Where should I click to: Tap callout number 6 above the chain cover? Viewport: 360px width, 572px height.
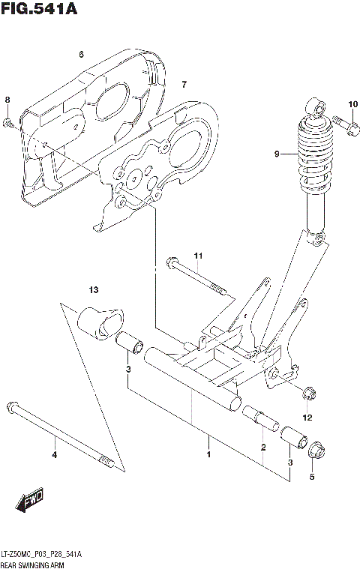(x=81, y=54)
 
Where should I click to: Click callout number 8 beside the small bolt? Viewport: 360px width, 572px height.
(x=7, y=100)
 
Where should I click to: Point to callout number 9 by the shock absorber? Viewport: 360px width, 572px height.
(x=277, y=154)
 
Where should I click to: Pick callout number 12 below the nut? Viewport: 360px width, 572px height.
(x=307, y=417)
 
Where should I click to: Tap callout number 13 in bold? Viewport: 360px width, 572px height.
(x=93, y=289)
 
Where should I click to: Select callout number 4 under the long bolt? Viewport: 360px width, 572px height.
(x=54, y=454)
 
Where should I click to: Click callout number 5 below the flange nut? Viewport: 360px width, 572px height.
(x=313, y=475)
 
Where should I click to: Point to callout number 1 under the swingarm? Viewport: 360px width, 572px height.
(x=208, y=454)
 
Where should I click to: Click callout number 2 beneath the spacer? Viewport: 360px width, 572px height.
(x=263, y=448)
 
